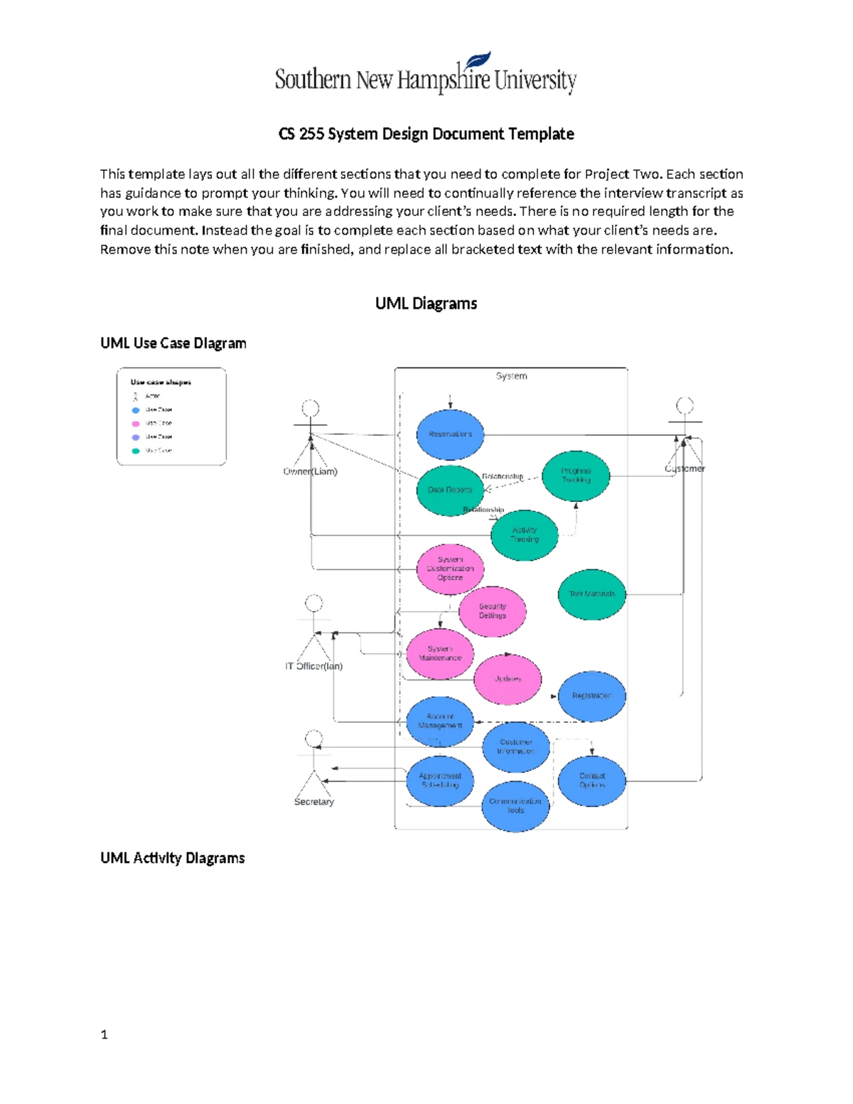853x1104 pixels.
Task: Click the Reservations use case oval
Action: [450, 434]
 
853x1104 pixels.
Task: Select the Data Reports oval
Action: [450, 490]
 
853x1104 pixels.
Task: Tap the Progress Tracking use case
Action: [576, 476]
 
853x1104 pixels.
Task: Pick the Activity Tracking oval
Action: [525, 535]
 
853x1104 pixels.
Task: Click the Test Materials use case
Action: [592, 594]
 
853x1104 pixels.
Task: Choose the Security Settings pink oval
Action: [493, 611]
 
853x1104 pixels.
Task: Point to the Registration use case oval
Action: [592, 696]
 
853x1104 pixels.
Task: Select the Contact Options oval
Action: [592, 781]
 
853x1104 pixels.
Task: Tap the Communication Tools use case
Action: [515, 805]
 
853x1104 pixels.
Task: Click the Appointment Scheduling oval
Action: [440, 781]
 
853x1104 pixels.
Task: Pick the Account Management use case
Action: [440, 721]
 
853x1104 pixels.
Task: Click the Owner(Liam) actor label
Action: [310, 471]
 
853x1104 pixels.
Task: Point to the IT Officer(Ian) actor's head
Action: [313, 604]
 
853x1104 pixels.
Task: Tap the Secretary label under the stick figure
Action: [313, 802]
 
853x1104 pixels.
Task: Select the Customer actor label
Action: [685, 468]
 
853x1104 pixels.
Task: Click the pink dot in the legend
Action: [136, 424]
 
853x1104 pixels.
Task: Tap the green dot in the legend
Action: [136, 451]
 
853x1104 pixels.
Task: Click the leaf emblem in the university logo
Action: [478, 60]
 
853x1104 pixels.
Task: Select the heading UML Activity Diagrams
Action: [173, 858]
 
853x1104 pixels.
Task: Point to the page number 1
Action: [104, 1035]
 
